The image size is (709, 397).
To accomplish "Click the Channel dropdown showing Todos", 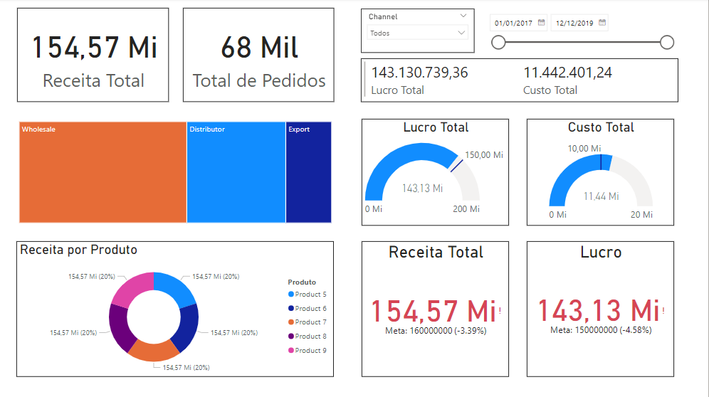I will pos(417,33).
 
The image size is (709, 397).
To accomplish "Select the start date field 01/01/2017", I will pos(513,23).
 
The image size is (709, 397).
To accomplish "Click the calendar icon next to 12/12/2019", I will pos(602,23).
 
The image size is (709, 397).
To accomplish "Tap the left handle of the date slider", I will pos(499,43).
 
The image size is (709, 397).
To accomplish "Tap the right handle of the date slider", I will pos(667,43).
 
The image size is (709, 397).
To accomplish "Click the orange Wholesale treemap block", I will pos(103,172).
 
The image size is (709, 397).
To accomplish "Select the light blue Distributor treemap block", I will pos(236,172).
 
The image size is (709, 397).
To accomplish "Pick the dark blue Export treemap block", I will pos(308,172).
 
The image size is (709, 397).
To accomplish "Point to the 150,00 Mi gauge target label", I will pos(484,155).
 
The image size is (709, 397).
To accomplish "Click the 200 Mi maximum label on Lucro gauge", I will pos(466,209).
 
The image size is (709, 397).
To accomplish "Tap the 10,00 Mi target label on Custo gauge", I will pos(583,148).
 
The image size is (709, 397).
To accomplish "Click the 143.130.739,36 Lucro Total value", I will pos(419,73).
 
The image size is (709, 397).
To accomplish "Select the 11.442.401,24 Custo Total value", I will pos(567,73).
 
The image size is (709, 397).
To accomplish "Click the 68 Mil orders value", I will pos(259,48).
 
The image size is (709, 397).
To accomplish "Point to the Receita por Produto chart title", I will pos(78,250).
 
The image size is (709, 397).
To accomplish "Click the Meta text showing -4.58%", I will pos(601,330).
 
